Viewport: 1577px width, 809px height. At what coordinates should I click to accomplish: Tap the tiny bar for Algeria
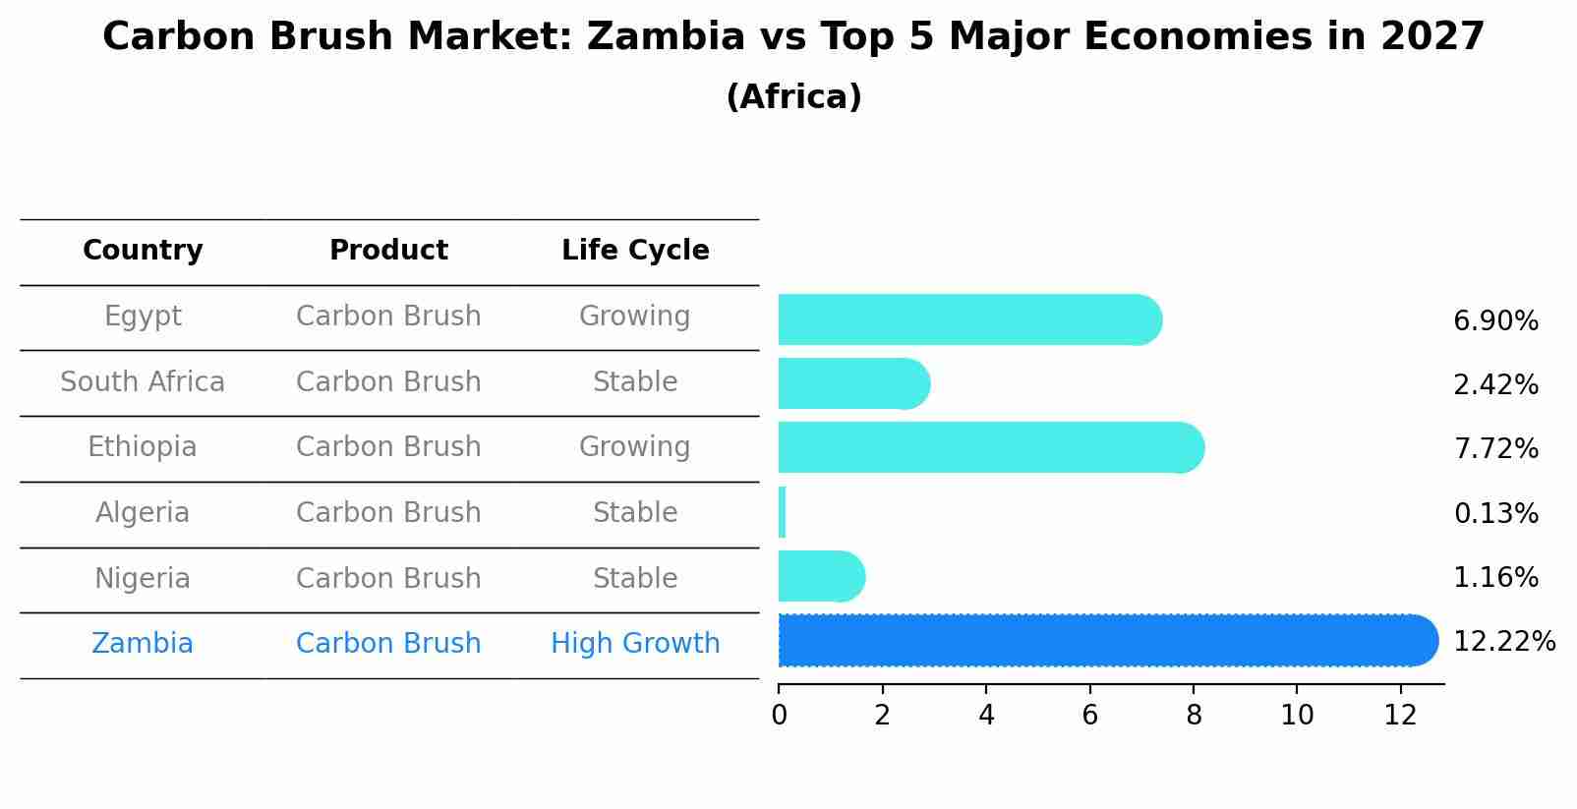tap(782, 512)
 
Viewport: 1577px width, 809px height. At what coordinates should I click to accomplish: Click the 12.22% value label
tap(1503, 642)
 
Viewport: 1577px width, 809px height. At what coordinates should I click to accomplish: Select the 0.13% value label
tap(1495, 513)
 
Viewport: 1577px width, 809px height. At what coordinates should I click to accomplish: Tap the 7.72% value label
tap(1495, 449)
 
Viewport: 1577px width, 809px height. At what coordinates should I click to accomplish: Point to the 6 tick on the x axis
tap(1089, 716)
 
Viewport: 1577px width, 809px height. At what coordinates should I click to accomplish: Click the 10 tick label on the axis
tap(1297, 716)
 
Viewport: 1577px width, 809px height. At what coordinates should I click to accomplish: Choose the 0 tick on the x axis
tap(779, 716)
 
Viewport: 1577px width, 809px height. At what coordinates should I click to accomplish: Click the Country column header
tap(143, 251)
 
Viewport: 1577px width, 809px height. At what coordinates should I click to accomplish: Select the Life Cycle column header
tap(635, 251)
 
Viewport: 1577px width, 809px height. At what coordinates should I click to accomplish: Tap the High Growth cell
tap(635, 644)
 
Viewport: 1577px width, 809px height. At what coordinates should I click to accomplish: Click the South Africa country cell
tap(143, 381)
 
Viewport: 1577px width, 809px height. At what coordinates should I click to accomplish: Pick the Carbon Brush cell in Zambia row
tap(388, 644)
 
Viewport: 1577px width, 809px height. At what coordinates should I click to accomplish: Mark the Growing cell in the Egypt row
tap(635, 317)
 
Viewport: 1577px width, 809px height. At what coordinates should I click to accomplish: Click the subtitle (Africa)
tap(793, 97)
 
